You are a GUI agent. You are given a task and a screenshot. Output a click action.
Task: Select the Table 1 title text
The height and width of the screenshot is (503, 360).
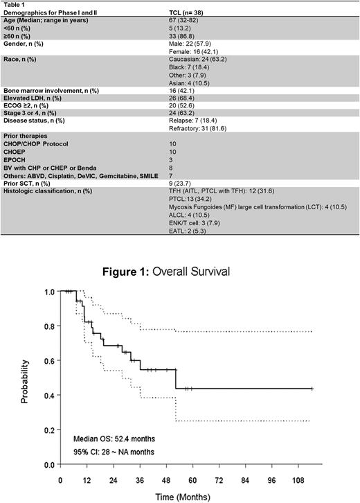click(x=14, y=4)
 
